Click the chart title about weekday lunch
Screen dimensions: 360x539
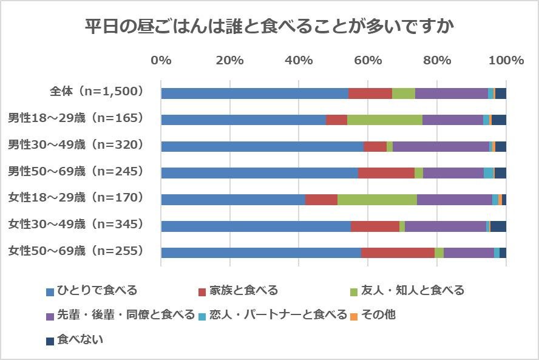(269, 27)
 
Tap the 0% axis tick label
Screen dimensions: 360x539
(161, 60)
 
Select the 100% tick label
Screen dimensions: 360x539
(506, 60)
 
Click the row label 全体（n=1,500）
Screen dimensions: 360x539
(96, 92)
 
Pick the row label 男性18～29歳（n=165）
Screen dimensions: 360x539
(75, 118)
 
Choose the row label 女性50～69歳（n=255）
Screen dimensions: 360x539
(75, 250)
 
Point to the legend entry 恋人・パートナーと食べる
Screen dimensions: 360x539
(277, 315)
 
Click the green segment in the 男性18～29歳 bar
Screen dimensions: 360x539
(384, 120)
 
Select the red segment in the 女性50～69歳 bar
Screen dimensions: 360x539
(398, 253)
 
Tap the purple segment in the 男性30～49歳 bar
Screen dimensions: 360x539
(441, 146)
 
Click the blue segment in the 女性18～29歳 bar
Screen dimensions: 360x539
(233, 200)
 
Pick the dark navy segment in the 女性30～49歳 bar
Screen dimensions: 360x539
(498, 226)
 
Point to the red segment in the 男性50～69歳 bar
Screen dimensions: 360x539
(386, 173)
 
